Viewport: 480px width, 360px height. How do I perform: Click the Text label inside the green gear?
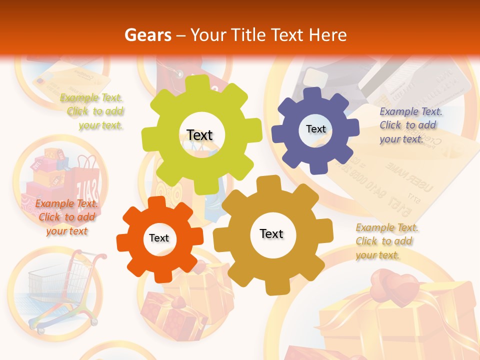199,135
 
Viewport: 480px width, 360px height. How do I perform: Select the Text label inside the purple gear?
315,129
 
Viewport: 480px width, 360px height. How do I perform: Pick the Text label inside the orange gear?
159,238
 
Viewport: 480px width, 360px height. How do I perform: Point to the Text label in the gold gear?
271,233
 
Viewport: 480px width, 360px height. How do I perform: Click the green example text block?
93,111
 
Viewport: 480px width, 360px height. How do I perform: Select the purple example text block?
410,125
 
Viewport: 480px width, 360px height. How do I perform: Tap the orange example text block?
66,217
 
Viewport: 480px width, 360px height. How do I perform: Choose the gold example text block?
386,241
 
